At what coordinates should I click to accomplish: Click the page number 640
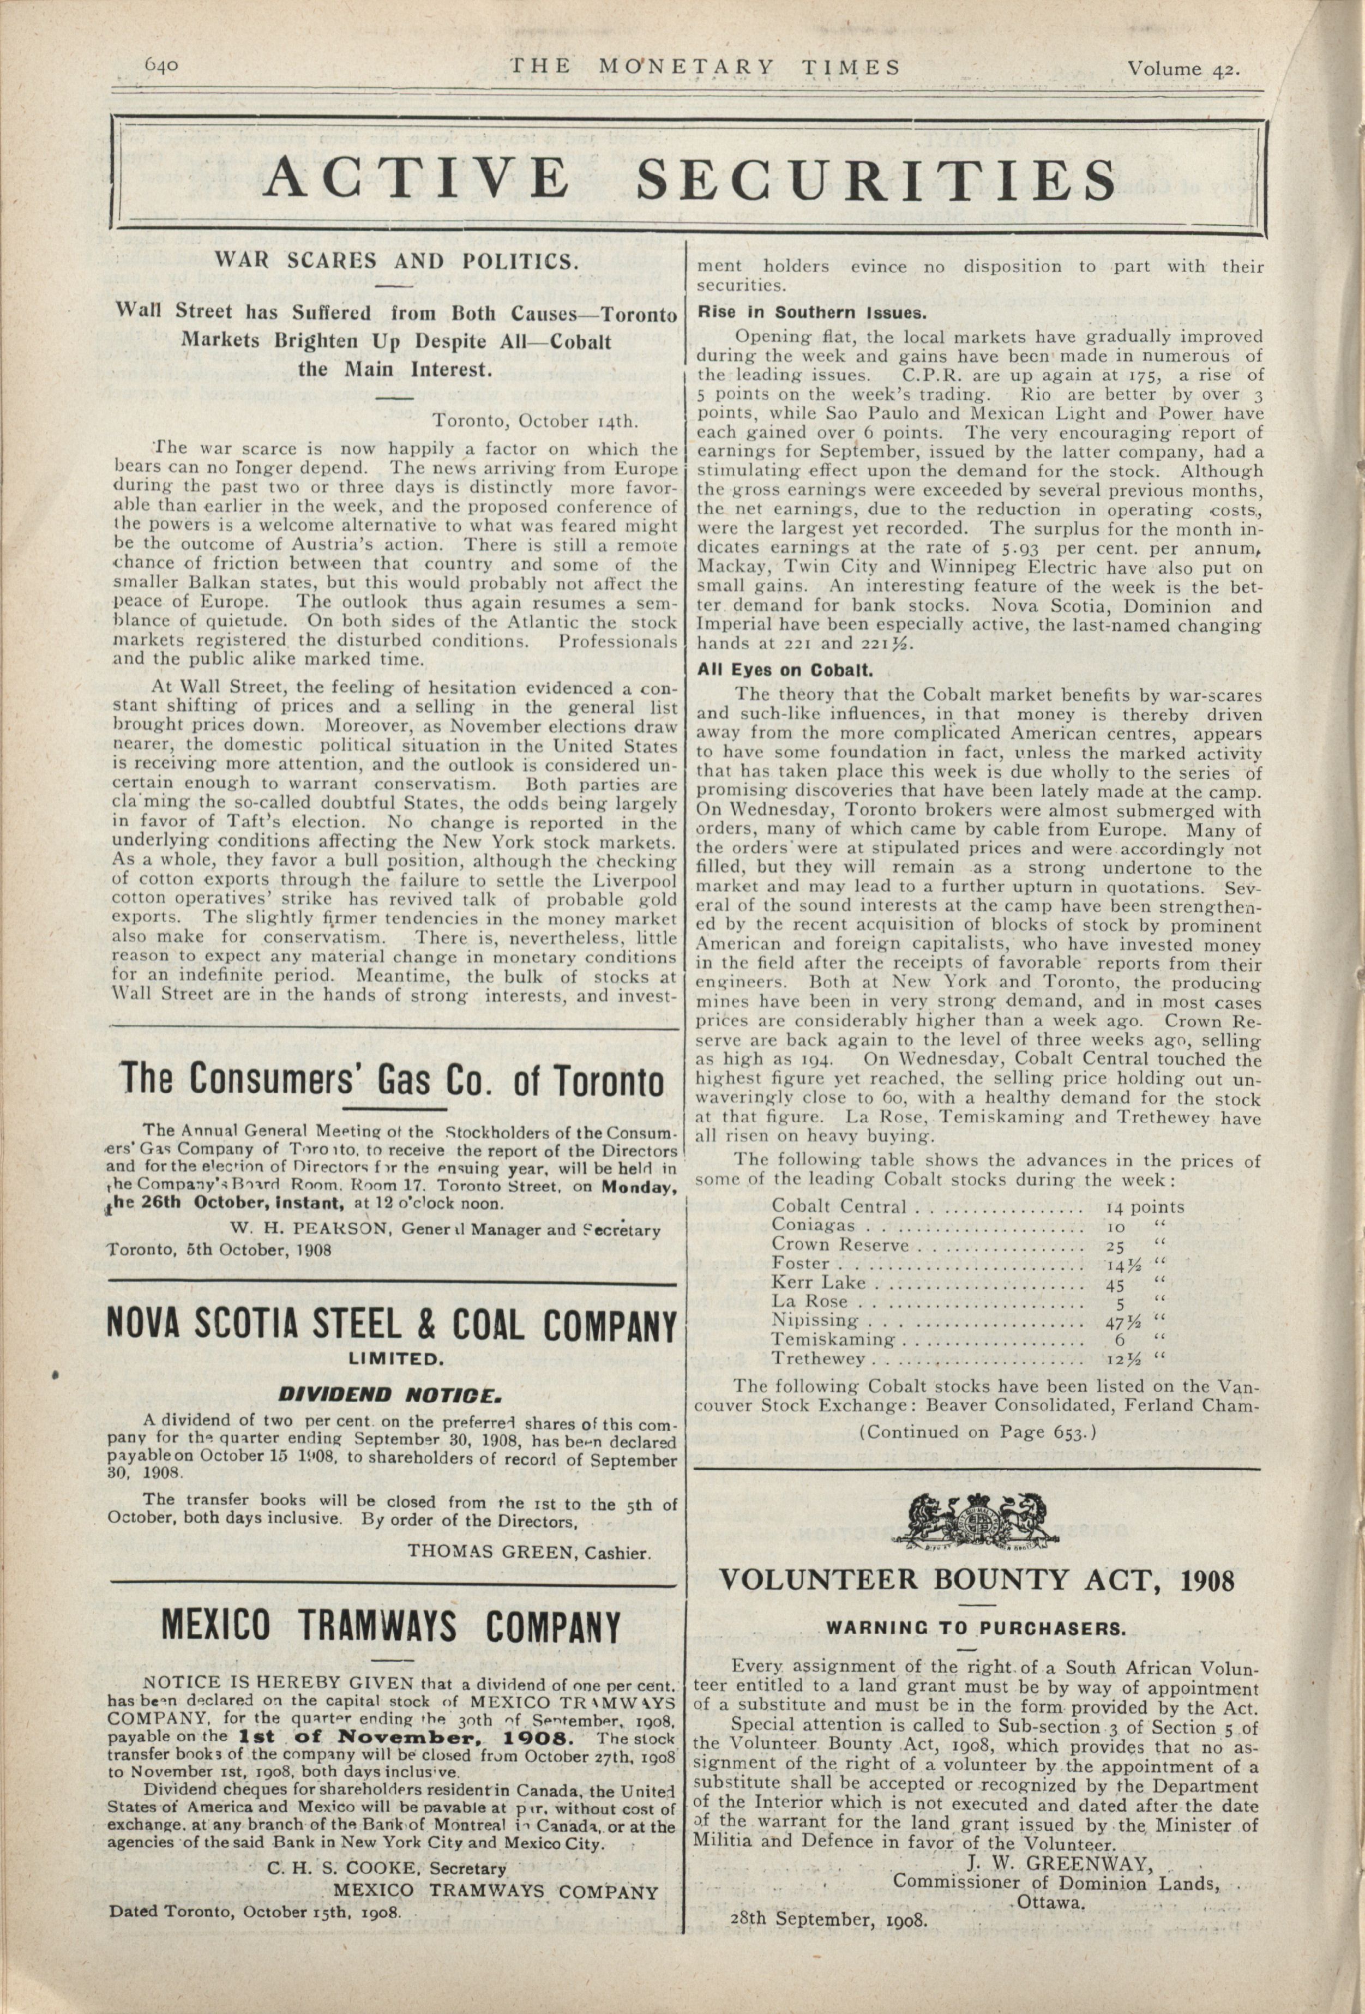click(162, 66)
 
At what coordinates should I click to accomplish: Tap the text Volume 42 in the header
click(1182, 69)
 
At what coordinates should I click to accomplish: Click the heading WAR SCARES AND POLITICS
click(396, 261)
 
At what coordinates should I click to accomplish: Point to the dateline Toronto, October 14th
click(536, 422)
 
